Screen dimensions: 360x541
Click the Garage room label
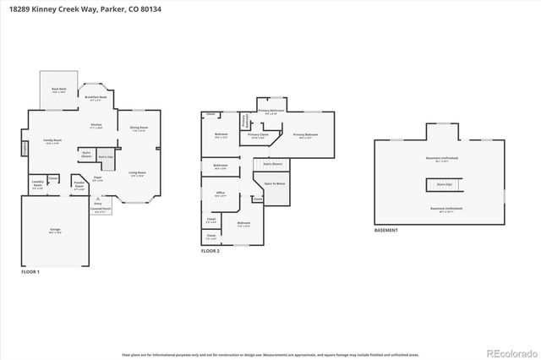[x=54, y=232]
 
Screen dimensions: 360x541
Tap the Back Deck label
[x=58, y=90]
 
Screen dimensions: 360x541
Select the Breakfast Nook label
[x=97, y=98]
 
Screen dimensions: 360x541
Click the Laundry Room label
[x=37, y=183]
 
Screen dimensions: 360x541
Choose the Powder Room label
[x=79, y=186]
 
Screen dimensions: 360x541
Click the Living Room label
[x=138, y=174]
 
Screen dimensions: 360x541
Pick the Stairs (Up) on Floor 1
[x=105, y=156]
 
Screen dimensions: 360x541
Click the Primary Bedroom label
[x=305, y=135]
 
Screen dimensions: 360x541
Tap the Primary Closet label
[x=258, y=135]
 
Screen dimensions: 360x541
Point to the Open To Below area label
[x=275, y=183]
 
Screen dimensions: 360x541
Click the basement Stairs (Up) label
[x=444, y=183]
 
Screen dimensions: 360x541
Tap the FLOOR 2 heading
[x=210, y=252]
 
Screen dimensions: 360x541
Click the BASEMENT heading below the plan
[x=386, y=230]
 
